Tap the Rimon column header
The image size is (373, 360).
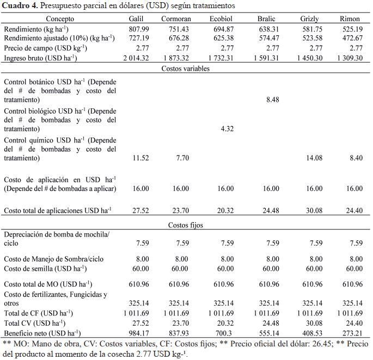pyautogui.click(x=349, y=18)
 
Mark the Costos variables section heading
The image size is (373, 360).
pyautogui.click(x=186, y=69)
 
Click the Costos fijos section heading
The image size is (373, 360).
pyautogui.click(x=186, y=224)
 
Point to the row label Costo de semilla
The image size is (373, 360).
pyautogui.click(x=45, y=268)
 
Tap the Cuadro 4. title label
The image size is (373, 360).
pyautogui.click(x=21, y=6)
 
